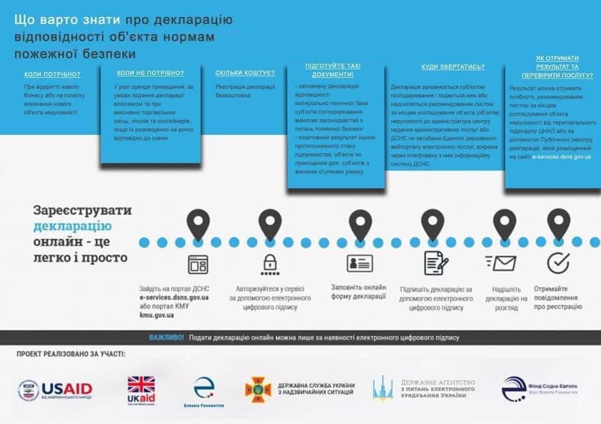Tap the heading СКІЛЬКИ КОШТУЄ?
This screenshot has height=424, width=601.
coord(245,73)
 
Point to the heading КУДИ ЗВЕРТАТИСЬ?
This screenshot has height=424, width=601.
coord(444,66)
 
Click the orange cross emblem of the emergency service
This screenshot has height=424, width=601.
coord(257,388)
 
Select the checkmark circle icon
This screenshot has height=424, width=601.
coord(558,263)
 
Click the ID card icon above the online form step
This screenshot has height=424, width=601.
coord(360,263)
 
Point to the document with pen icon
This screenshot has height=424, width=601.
coord(436,263)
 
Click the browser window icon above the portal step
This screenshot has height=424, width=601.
coord(198,265)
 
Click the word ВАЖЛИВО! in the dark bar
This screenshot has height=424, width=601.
coord(167,338)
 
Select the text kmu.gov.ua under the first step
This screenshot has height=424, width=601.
coord(157,315)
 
